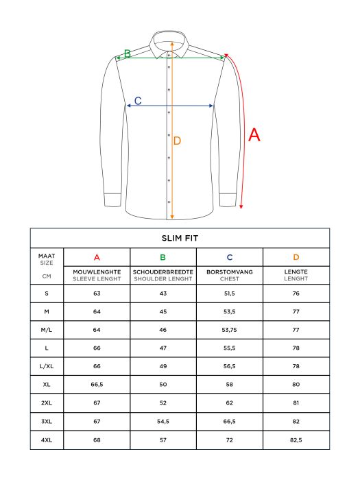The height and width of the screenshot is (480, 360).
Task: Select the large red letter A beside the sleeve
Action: [x=254, y=135]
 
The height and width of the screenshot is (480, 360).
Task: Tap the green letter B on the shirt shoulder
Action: [x=127, y=53]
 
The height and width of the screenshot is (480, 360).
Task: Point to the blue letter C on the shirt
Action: [x=137, y=101]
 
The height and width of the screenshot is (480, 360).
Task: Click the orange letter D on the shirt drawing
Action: [x=177, y=141]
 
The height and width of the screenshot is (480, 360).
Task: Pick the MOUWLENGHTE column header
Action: [x=97, y=272]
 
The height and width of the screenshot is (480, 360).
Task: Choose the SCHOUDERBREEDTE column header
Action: [x=163, y=272]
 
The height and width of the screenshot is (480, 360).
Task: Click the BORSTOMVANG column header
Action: [x=230, y=272]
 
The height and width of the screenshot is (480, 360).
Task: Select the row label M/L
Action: [x=47, y=329]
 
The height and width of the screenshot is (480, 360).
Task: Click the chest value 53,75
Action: [x=230, y=329]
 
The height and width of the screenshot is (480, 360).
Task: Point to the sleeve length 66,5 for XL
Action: [x=97, y=383]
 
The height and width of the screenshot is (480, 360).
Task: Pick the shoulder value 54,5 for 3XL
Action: [x=163, y=420]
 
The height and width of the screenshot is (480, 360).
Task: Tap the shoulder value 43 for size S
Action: [x=163, y=293]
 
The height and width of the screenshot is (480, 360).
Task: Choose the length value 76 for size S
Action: [x=296, y=293]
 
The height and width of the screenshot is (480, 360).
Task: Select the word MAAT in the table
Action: [x=47, y=255]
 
